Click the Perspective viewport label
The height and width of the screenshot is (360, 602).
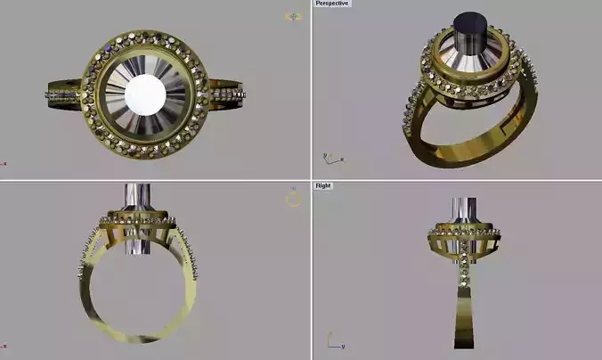[332, 4]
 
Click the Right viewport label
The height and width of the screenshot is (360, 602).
[322, 186]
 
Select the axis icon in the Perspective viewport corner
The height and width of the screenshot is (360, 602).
[332, 158]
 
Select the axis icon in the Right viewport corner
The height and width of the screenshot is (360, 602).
[332, 341]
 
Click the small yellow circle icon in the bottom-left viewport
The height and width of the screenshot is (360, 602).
[293, 199]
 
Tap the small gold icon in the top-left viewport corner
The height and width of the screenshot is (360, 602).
[292, 16]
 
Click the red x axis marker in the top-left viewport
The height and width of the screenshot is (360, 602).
[4, 164]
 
